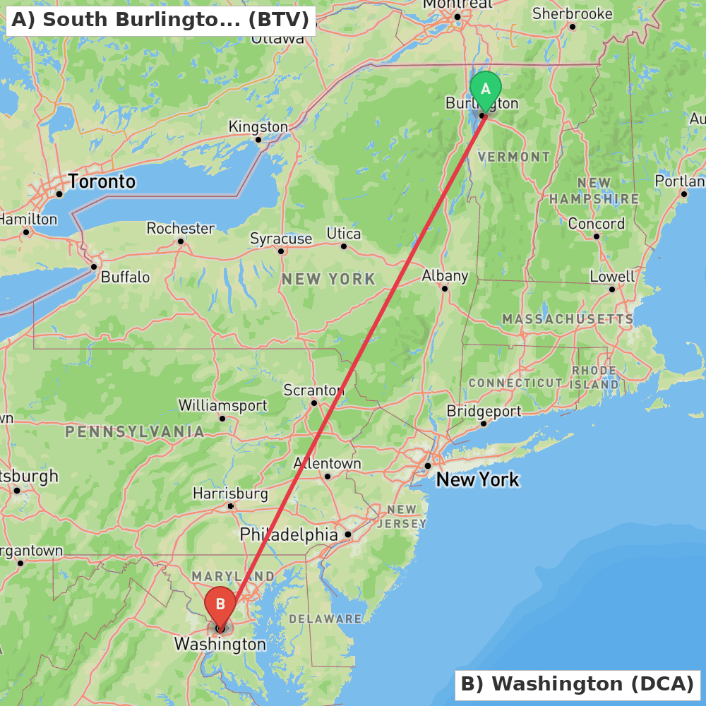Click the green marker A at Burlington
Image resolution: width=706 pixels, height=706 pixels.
coord(486,90)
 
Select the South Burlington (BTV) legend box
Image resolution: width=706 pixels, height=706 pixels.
coord(160,20)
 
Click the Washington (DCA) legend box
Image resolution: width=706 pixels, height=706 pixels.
coord(577,684)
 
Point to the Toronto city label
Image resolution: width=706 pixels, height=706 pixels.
coord(102,181)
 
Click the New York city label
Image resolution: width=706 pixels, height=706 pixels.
coord(477,480)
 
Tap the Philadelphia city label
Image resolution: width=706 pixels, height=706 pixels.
coord(289,534)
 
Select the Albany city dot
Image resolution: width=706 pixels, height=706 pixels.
coord(445,288)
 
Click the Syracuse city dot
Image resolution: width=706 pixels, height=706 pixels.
coord(281,251)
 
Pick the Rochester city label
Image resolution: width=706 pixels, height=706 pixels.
coord(180,228)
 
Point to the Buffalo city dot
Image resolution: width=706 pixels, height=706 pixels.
coord(94,267)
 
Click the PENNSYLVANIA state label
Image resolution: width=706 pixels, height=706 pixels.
coord(135,431)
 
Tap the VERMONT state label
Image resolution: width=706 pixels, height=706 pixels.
coord(514,157)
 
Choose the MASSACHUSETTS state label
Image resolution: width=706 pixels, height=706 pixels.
coord(568,320)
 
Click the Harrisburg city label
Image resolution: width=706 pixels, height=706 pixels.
coord(230,493)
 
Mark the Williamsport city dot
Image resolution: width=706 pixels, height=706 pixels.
coord(222,419)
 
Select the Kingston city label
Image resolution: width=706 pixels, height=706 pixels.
coord(258,127)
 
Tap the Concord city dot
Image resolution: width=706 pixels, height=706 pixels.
coord(597,237)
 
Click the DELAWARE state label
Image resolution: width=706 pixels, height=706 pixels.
coord(325,619)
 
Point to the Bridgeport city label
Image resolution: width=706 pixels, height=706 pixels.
coord(484,411)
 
